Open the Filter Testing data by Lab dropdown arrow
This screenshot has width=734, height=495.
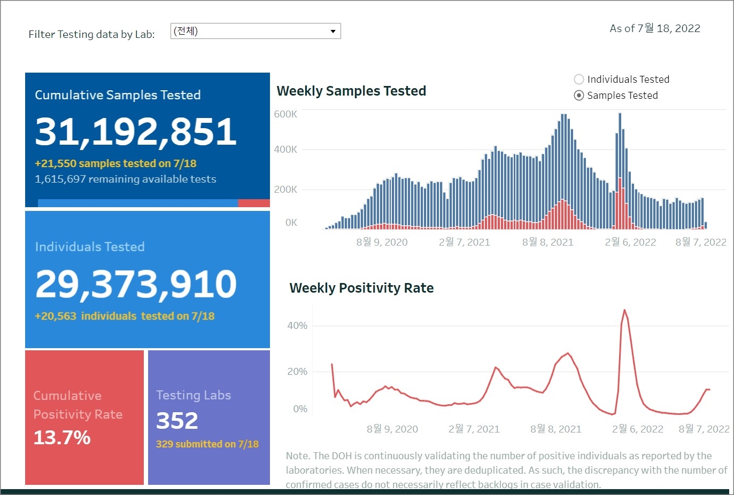tap(333, 32)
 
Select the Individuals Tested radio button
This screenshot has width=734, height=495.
tap(578, 80)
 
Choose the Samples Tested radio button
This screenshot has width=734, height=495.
tap(578, 96)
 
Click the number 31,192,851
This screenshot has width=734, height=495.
tap(136, 131)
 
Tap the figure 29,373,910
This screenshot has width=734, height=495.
tap(136, 284)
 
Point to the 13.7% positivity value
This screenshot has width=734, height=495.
tap(62, 437)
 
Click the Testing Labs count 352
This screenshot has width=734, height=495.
tap(177, 421)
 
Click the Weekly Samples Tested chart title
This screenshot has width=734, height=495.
tap(351, 91)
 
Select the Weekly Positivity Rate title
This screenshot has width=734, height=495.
tap(361, 288)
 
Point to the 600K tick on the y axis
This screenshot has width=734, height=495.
tap(285, 114)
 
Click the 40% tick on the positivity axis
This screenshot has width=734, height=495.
tap(297, 326)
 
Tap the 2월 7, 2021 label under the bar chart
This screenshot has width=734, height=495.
tap(464, 242)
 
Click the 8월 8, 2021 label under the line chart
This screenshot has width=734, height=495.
tap(555, 429)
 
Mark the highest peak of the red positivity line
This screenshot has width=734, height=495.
tap(624, 310)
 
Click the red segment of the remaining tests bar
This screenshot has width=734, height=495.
tap(253, 203)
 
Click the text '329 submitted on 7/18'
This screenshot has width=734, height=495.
tap(207, 444)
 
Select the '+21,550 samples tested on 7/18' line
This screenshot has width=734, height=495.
tap(115, 163)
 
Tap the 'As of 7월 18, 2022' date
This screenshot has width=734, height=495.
tap(655, 28)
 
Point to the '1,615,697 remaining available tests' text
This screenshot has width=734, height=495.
tap(126, 179)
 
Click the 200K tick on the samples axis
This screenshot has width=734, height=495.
tap(285, 190)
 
